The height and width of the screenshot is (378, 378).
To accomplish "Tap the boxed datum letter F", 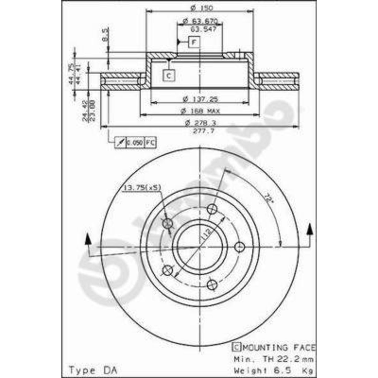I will (194, 42).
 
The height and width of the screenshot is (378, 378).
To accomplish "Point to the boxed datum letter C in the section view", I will (169, 76).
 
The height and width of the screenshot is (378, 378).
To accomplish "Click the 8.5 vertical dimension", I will (106, 35).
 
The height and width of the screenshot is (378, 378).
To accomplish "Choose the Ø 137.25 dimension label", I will (200, 99).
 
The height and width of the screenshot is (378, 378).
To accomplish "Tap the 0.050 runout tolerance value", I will (135, 143).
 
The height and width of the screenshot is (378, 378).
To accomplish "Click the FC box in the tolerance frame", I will (150, 143).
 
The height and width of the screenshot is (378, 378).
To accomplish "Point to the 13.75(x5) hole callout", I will (142, 188).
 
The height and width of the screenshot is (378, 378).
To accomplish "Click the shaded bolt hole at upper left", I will (168, 223).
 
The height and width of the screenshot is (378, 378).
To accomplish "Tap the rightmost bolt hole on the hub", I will (240, 247).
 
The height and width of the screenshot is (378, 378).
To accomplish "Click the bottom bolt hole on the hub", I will (212, 284).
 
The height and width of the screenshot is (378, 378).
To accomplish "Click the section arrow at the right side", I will (310, 229).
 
